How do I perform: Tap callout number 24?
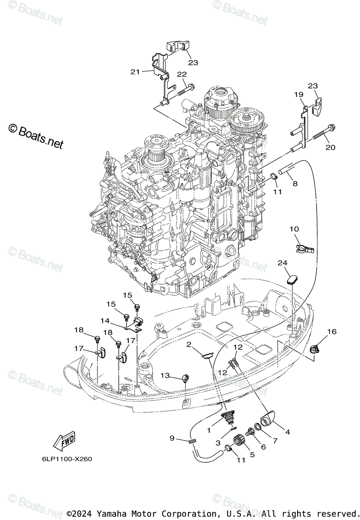(295, 263)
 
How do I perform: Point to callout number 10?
(294, 229)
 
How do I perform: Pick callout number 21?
(135, 71)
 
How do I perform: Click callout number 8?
(295, 183)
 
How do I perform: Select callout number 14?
(105, 321)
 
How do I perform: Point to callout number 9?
(172, 438)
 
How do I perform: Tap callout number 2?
(189, 344)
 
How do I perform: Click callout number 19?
(298, 94)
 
